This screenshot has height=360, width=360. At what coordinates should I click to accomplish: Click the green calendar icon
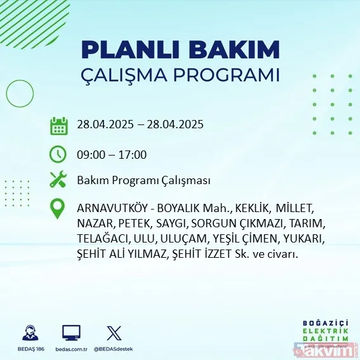point(59,125)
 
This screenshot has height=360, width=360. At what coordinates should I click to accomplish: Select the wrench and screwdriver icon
point(59,180)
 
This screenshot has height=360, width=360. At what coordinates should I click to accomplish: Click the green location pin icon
point(59,209)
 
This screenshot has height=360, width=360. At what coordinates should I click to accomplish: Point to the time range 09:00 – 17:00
point(112,154)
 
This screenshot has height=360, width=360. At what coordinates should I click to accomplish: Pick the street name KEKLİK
point(252,209)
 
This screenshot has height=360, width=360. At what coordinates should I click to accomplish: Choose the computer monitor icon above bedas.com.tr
point(71,333)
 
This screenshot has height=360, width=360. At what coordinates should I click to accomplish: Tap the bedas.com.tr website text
point(71,349)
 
